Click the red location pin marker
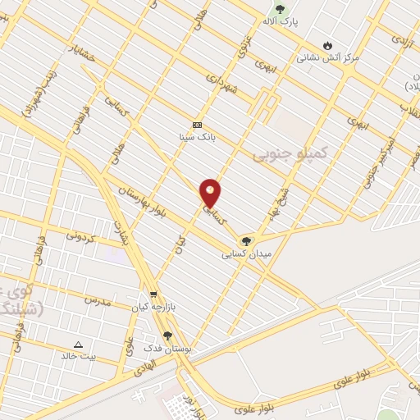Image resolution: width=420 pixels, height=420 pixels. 211,194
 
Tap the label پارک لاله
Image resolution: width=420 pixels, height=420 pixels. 281,22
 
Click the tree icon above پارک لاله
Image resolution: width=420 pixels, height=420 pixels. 281,10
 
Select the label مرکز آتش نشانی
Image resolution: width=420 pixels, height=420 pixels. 327,58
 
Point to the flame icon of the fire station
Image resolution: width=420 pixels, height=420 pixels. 328,45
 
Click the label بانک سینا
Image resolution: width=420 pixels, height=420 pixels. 197,137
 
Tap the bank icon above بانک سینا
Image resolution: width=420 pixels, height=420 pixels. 197,125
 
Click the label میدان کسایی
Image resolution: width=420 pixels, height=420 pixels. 245,255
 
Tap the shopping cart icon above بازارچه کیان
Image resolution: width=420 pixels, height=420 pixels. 153,294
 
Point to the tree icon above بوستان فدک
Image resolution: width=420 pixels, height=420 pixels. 168,336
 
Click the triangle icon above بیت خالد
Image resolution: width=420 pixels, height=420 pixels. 79,345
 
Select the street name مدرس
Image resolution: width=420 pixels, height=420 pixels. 96,300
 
